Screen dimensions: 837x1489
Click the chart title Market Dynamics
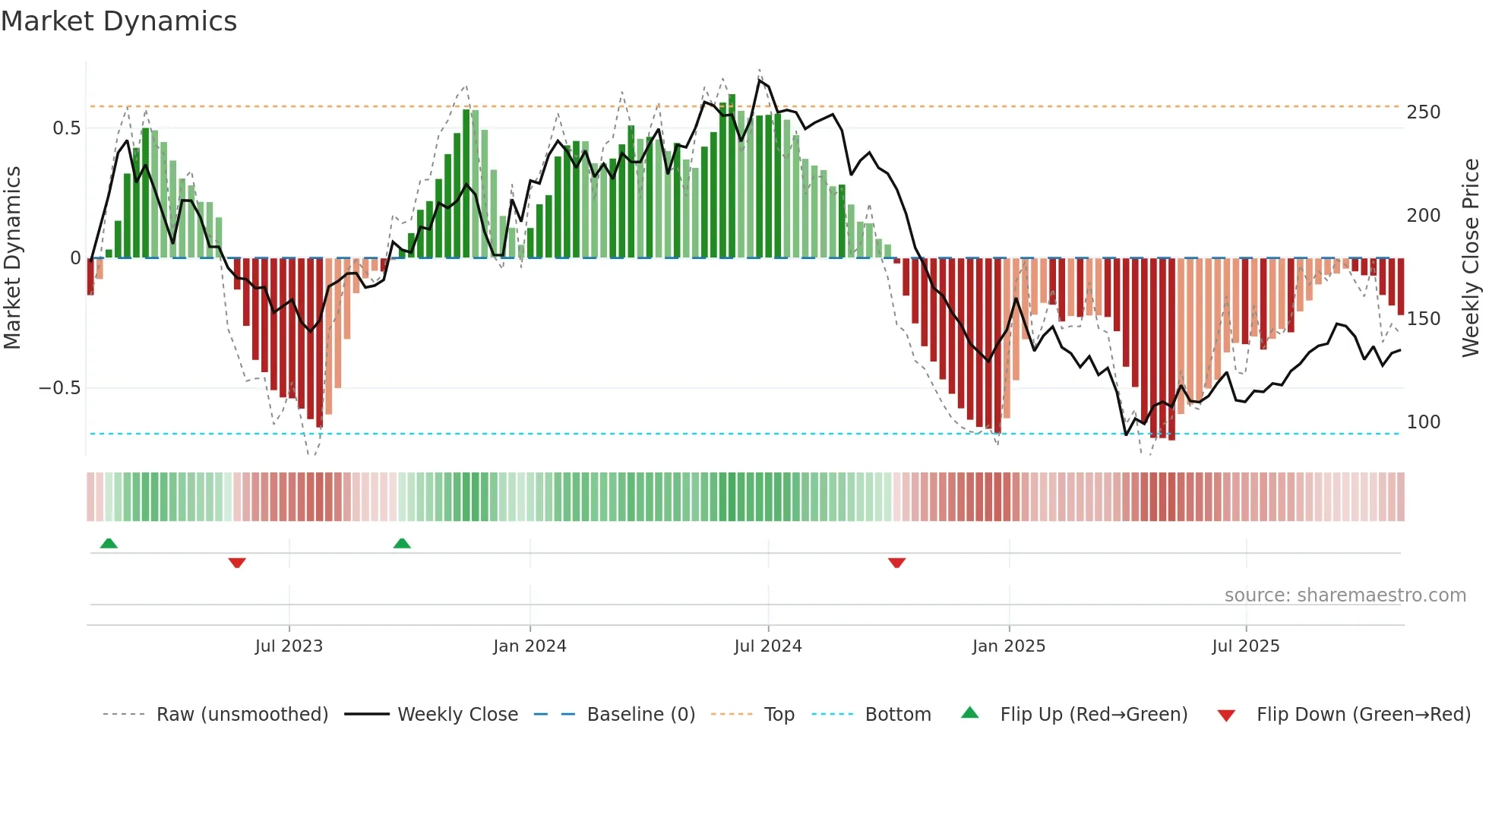pos(119,21)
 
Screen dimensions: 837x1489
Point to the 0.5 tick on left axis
pos(66,128)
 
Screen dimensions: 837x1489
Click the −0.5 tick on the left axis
pos(59,388)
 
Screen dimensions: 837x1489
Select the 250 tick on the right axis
pos(1423,112)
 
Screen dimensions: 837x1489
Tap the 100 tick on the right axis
pos(1423,422)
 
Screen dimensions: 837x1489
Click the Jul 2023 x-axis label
pos(289,646)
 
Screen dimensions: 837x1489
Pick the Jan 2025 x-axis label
pos(1008,646)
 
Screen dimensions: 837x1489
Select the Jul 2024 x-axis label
pos(767,646)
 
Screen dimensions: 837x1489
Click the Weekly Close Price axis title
pos(1471,257)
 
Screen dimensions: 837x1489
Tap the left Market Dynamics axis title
pos(12,257)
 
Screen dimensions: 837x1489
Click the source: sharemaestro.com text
pos(1345,595)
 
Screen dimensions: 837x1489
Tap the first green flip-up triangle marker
pos(109,543)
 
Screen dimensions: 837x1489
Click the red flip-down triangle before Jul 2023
pos(237,563)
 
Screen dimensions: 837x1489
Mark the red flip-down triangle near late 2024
pos(896,563)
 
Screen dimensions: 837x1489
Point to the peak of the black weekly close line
pos(760,80)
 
